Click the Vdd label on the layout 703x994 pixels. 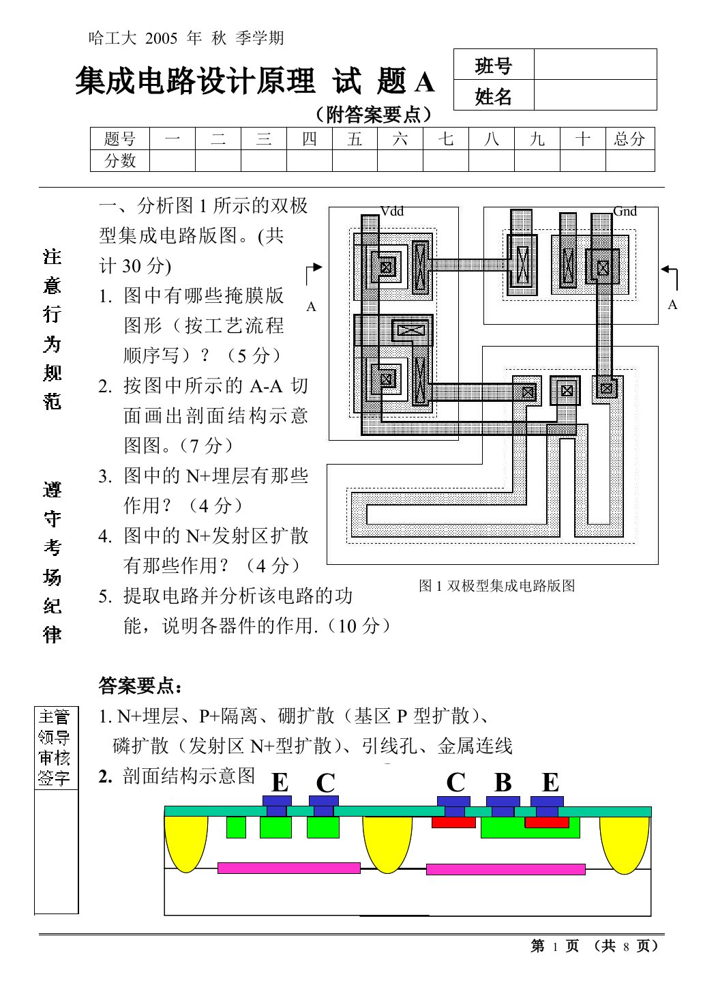[391, 211]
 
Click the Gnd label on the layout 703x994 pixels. [625, 211]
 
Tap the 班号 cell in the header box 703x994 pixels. [493, 65]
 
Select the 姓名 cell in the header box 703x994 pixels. [493, 96]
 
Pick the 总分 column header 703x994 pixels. [629, 139]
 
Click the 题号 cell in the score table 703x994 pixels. [120, 139]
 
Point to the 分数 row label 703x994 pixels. [120, 161]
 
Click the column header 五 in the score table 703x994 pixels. [355, 139]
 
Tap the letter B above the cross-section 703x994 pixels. [503, 783]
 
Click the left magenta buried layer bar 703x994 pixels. [288, 868]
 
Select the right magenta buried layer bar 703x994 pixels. [505, 869]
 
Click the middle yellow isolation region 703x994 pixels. [387, 843]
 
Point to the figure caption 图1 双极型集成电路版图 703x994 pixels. [496, 585]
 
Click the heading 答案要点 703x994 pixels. [141, 685]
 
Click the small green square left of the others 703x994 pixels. [236, 827]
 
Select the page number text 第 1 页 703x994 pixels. [554, 946]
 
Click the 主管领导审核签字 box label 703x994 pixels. [55, 747]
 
